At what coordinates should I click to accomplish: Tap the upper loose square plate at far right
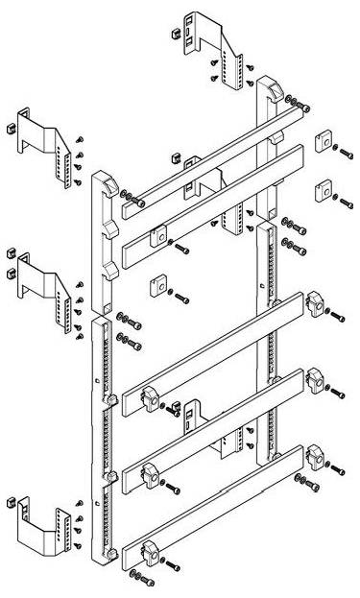point(324,141)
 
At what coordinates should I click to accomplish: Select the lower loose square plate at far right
point(322,186)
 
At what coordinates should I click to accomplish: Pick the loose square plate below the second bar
point(155,286)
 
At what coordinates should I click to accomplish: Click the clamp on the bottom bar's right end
point(313,455)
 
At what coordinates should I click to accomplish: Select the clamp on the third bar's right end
point(313,303)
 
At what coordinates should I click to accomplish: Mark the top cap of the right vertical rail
point(268,89)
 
